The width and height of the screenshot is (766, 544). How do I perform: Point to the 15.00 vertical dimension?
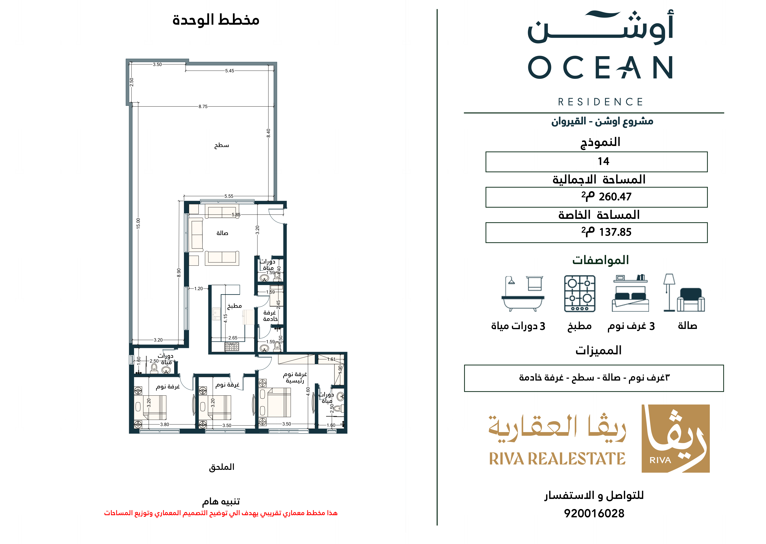138,223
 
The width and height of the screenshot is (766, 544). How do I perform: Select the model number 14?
603,161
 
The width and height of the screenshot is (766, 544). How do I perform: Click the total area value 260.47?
615,197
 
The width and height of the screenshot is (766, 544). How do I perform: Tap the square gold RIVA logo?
676,438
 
